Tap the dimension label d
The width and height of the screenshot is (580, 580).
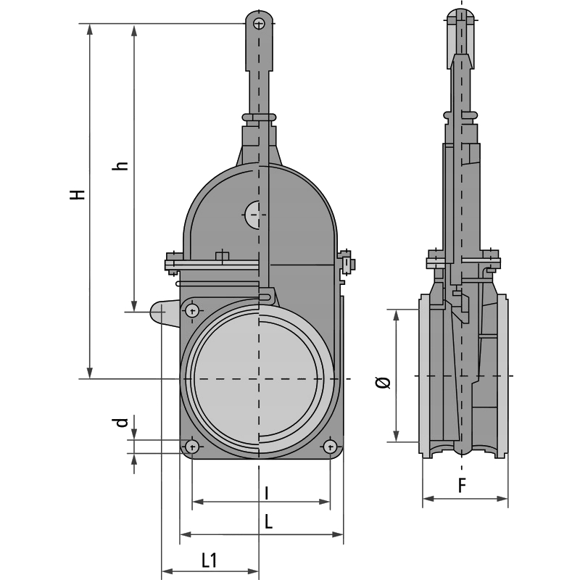[123, 422]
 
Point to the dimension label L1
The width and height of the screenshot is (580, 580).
[210, 559]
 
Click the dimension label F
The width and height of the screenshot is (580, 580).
[463, 486]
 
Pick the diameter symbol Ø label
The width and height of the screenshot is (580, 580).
[384, 382]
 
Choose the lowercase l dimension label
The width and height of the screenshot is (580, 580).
[266, 493]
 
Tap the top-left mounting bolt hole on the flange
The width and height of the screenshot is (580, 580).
[192, 311]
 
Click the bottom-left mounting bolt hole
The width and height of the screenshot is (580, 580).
[191, 445]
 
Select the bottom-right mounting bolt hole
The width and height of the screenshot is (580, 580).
[330, 445]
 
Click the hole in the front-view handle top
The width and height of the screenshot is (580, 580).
[259, 24]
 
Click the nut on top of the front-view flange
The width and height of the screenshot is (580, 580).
[222, 255]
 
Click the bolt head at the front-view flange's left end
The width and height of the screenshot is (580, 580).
[172, 262]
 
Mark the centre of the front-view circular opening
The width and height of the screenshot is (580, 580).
[259, 379]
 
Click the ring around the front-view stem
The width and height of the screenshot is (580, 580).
[259, 116]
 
